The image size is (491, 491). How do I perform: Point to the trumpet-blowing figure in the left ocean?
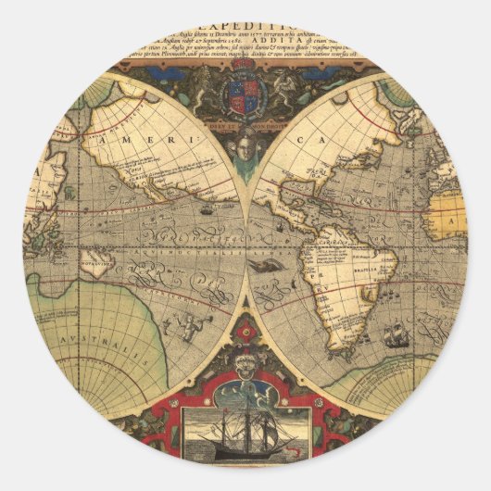pos(190,324)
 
